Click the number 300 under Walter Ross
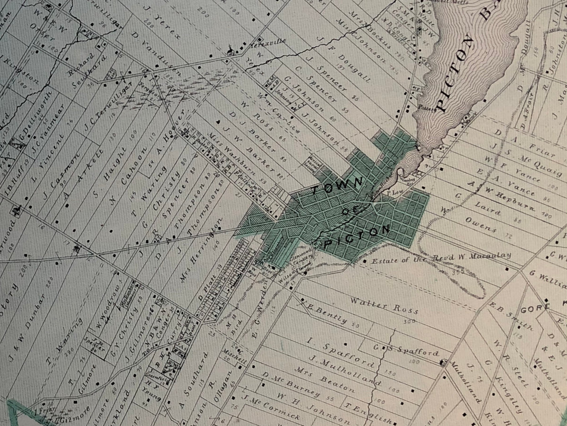coord(409,321)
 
